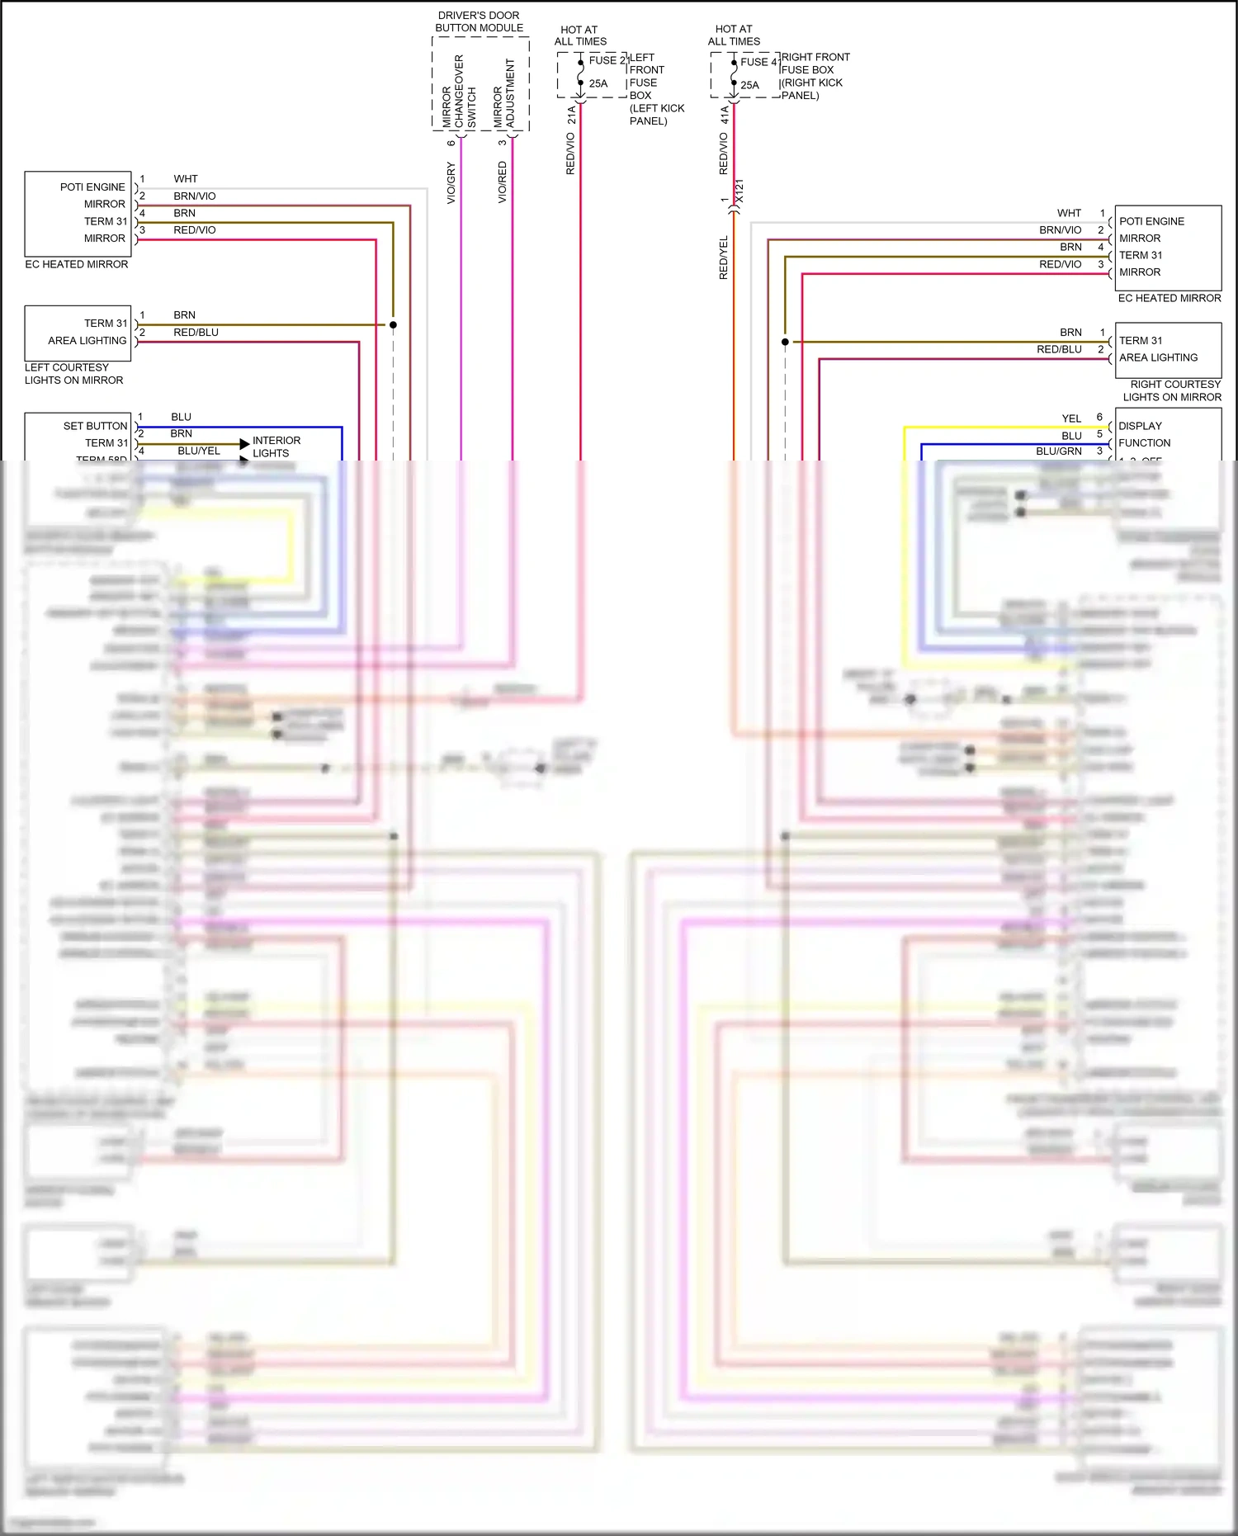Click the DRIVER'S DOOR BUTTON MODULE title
coord(479,21)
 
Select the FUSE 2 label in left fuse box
coord(607,60)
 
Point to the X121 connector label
coord(739,191)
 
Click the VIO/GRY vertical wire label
coord(451,182)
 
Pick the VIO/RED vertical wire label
coord(502,182)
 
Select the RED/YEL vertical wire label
coord(724,258)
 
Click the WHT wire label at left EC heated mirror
coord(186,179)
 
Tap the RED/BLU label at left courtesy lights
coord(196,333)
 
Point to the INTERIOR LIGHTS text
coord(276,447)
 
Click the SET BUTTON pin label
coord(95,426)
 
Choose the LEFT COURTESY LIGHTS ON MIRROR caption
coord(73,374)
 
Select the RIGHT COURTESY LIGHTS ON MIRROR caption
coord(1172,390)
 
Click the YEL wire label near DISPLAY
coord(1071,418)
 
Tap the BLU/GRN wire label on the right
coord(1058,451)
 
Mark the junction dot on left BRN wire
coord(393,325)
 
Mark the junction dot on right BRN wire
coord(785,342)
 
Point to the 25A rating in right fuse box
coord(749,85)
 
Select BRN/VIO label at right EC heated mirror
coord(1060,230)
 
